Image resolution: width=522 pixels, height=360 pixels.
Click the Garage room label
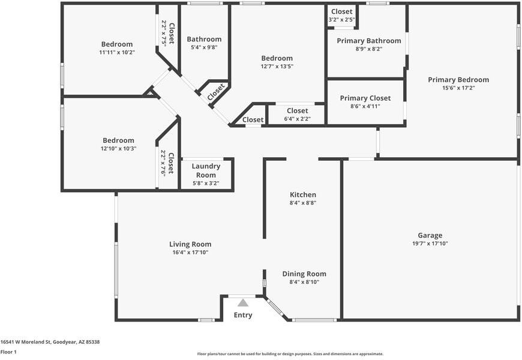[x=430, y=235]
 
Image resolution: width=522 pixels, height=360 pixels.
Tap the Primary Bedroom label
[x=458, y=79]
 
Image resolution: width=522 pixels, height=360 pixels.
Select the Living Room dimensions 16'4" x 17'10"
[x=190, y=253]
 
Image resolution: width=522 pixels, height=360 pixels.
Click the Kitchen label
[x=302, y=194]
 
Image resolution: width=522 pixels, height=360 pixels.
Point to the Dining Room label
[x=304, y=274]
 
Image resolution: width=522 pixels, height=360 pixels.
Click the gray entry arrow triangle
[x=242, y=303]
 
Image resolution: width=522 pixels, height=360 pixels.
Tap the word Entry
[x=243, y=315]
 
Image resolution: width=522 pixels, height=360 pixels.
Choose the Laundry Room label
[x=206, y=170]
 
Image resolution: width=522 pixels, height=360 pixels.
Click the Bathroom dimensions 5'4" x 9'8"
[x=204, y=47]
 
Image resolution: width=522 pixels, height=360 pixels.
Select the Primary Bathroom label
[x=368, y=41]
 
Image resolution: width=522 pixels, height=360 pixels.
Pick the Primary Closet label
[x=365, y=98]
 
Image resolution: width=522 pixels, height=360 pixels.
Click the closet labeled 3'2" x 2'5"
[x=341, y=20]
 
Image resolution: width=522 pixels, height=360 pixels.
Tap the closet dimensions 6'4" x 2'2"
[x=297, y=119]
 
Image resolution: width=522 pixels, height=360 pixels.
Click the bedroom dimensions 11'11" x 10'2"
[x=117, y=52]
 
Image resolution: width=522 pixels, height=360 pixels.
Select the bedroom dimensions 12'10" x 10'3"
[x=117, y=148]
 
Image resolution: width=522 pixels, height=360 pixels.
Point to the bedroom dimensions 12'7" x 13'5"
[x=277, y=66]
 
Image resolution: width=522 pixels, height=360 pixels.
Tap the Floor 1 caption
[x=8, y=352]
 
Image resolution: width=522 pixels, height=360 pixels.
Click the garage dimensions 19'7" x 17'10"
[x=430, y=244]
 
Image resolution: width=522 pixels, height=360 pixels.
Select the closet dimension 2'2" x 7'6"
[x=163, y=163]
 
